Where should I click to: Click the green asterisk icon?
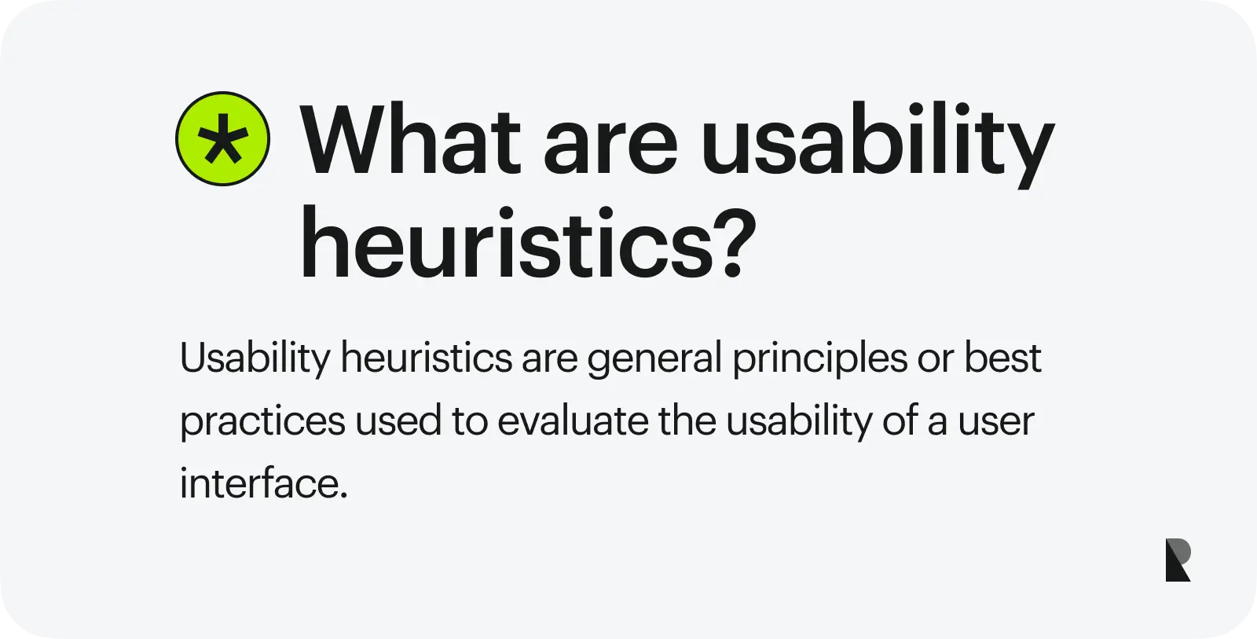point(223,138)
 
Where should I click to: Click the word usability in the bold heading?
point(878,145)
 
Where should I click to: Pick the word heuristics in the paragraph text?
point(427,357)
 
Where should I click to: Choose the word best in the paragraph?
point(1002,357)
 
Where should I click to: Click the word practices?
point(262,422)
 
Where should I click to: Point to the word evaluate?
point(573,420)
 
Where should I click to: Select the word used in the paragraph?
point(398,420)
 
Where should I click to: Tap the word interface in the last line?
point(264,483)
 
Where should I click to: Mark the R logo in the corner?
point(1178,560)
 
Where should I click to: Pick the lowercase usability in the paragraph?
point(799,422)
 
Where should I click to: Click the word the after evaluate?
point(687,420)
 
